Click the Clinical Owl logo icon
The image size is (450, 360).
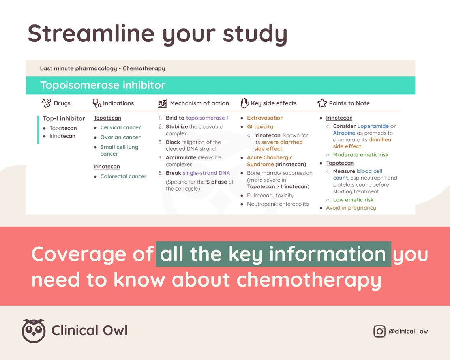tap(34, 331)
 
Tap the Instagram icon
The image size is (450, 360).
tap(379, 331)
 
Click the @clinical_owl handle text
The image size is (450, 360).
tap(409, 331)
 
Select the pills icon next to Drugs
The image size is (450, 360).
tap(46, 103)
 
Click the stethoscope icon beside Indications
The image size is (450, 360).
tap(97, 103)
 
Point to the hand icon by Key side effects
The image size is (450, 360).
tap(245, 103)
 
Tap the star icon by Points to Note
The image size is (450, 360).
tap(322, 103)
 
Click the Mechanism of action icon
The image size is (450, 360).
tap(162, 103)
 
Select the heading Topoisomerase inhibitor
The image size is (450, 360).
tap(103, 85)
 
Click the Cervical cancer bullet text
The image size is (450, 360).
tap(120, 127)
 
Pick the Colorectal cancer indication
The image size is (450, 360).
tap(123, 176)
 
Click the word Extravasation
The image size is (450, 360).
tap(265, 118)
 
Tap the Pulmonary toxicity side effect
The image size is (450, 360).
tap(270, 195)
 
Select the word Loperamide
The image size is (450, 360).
tap(373, 126)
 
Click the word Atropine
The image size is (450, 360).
tap(344, 133)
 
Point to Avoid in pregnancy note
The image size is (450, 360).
tap(351, 208)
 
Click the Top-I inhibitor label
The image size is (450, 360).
tap(64, 118)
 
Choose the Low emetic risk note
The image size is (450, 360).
tap(353, 200)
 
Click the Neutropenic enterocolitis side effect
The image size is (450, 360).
tap(278, 204)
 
